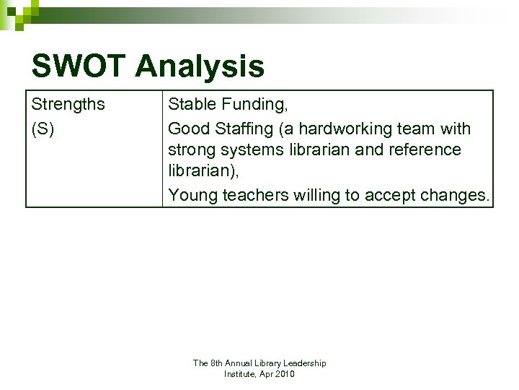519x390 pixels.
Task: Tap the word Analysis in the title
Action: click(x=200, y=67)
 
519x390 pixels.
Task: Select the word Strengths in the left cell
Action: click(x=68, y=105)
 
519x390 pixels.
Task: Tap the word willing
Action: click(x=321, y=195)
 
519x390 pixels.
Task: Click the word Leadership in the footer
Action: click(x=304, y=363)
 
